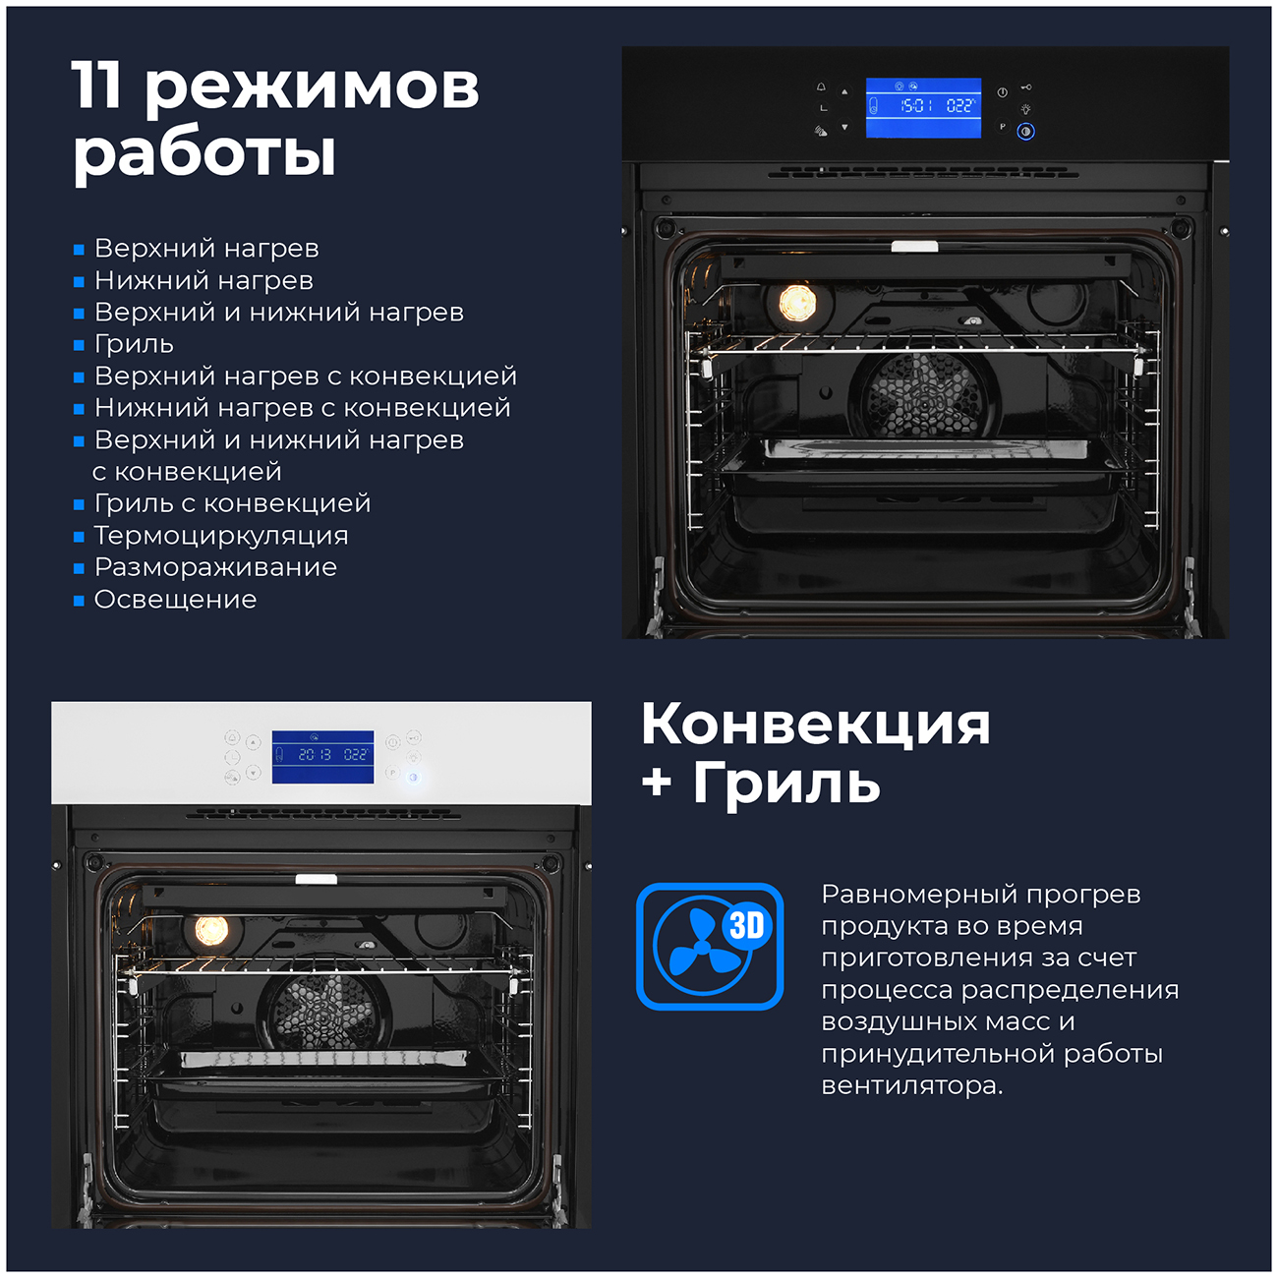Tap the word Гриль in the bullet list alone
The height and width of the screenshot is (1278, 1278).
tap(134, 343)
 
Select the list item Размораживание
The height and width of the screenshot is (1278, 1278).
tap(215, 567)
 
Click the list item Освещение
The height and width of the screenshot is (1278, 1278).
tap(175, 599)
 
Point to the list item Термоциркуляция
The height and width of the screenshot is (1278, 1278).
tap(221, 535)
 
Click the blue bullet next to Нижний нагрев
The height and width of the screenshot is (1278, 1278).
tap(79, 282)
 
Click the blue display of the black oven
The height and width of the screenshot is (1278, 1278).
tap(923, 107)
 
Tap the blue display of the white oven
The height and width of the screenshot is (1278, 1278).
tap(323, 757)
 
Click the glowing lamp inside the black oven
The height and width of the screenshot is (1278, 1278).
tap(797, 303)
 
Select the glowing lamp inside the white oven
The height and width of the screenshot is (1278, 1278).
tap(211, 930)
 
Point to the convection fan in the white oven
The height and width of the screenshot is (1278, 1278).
tap(323, 1012)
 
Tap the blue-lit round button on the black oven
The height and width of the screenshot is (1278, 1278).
tap(1025, 132)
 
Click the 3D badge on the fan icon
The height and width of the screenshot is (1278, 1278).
tap(747, 925)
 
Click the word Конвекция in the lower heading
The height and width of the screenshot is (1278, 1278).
tap(815, 724)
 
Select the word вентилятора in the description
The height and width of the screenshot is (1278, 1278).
tap(912, 1085)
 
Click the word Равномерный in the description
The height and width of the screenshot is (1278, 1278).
tap(918, 894)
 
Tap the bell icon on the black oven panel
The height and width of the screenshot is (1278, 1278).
tap(821, 87)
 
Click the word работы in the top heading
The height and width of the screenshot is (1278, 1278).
tap(203, 154)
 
